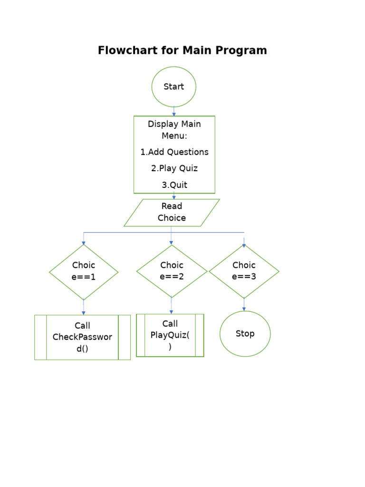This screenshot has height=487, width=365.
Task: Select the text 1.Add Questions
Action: click(174, 152)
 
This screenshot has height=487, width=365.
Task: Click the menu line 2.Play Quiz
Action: click(174, 168)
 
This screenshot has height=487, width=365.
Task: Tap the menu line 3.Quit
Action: click(174, 185)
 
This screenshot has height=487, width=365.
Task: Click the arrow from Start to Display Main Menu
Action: click(174, 111)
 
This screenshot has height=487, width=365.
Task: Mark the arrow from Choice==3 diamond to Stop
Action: click(244, 304)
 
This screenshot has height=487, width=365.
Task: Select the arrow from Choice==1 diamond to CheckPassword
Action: click(84, 307)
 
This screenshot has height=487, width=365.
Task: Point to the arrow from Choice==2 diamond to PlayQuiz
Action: click(171, 306)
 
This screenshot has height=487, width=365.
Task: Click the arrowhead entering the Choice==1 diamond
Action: click(84, 243)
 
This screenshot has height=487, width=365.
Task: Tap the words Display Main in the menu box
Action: click(174, 124)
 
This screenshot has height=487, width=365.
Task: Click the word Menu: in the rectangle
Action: click(174, 136)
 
